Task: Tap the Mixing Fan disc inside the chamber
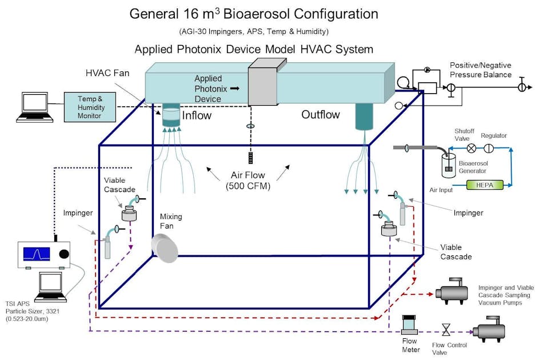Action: (164, 249)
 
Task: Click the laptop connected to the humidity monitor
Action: (34, 107)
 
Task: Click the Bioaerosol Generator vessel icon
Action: (449, 165)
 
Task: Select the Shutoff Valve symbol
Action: (472, 147)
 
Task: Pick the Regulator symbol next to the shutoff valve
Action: (489, 147)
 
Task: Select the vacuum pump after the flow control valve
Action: (490, 331)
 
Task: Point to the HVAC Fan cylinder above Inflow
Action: (171, 116)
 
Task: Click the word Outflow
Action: (321, 115)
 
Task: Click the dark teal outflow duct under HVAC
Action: (363, 116)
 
